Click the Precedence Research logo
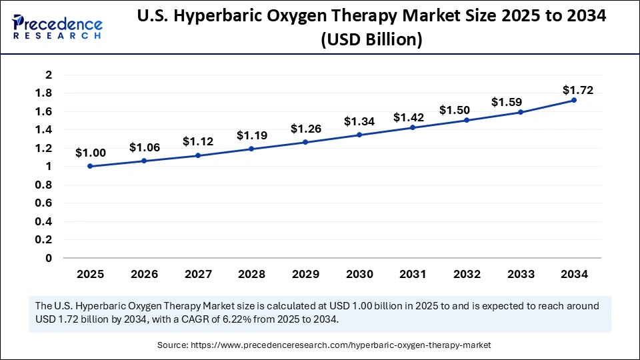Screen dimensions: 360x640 click(x=57, y=26)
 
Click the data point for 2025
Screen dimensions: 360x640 click(x=90, y=166)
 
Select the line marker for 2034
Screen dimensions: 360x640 click(x=574, y=100)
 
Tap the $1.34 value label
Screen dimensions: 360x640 click(x=359, y=121)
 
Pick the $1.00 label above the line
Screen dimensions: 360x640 click(x=90, y=153)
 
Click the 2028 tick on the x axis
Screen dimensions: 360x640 click(x=251, y=274)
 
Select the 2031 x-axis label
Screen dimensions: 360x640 click(x=413, y=274)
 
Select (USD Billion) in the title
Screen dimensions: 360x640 click(x=372, y=40)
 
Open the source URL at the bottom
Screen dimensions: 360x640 click(x=342, y=345)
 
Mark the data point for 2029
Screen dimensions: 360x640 click(x=305, y=142)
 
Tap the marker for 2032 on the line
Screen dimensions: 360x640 click(x=467, y=120)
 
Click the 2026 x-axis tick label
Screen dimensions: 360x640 click(x=143, y=274)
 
